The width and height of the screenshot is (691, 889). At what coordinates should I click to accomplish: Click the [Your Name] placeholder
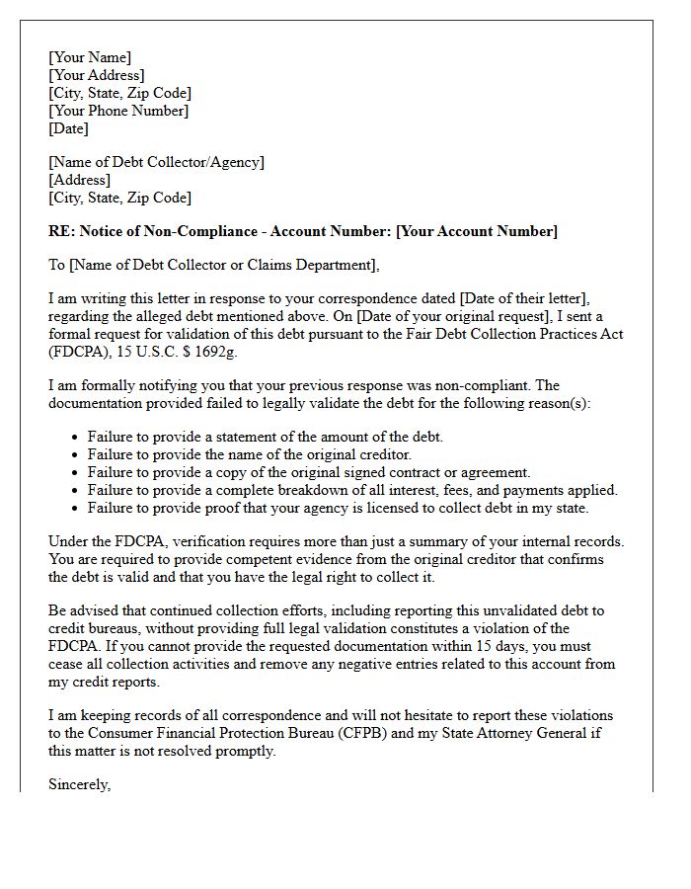[x=90, y=57]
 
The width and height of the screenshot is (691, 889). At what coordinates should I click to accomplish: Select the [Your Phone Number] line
[x=118, y=111]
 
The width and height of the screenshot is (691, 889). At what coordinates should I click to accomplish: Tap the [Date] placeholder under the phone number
[x=68, y=128]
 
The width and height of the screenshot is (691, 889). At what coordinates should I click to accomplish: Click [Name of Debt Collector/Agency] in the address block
[x=156, y=162]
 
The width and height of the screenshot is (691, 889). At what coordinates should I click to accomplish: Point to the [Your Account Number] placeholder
[x=477, y=231]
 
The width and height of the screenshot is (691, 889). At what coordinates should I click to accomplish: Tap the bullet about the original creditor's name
[x=249, y=454]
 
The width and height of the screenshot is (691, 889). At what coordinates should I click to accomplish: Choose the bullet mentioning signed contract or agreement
[x=309, y=472]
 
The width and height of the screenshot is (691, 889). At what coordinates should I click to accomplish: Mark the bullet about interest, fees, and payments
[x=352, y=490]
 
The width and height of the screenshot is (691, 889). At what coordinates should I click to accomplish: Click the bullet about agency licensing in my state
[x=338, y=508]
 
